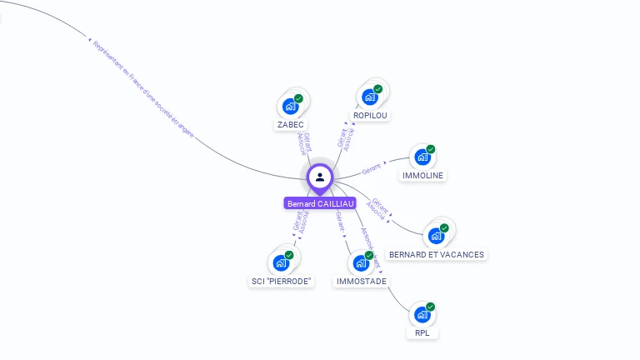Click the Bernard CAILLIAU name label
coord(320,203)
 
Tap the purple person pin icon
coord(320,177)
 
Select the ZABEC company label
coord(290,124)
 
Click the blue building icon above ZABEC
coord(290,106)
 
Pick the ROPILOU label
coord(370,115)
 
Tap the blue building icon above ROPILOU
coord(370,97)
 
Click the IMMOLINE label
coord(423,175)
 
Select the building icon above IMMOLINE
coord(422,157)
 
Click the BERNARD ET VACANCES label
coord(436,254)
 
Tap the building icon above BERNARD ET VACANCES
coord(436,236)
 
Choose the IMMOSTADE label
coord(362,282)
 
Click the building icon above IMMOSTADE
coord(361,263)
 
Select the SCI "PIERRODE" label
coord(282,282)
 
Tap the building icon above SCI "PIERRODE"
coord(282,263)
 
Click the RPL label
coord(422,333)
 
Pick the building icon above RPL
coord(422,315)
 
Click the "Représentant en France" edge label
coord(142,87)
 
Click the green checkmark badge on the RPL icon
coord(431,307)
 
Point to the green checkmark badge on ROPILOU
coord(378,89)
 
